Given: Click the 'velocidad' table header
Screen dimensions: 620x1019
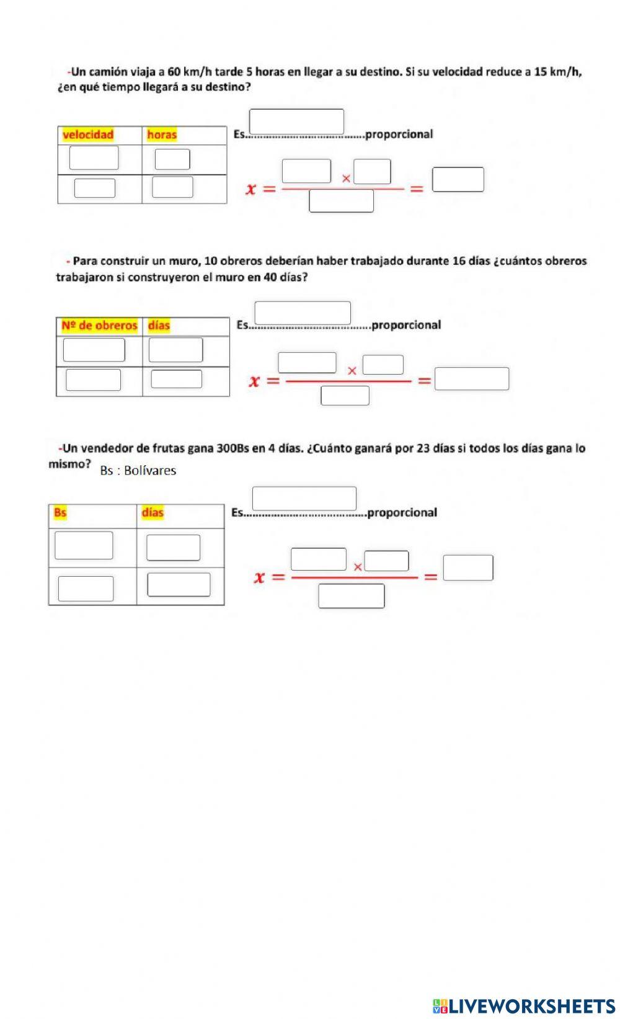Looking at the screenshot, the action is pyautogui.click(x=88, y=135).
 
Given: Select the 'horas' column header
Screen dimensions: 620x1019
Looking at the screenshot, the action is pyautogui.click(x=162, y=135).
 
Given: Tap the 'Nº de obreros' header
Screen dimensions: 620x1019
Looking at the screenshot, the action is pyautogui.click(x=99, y=325).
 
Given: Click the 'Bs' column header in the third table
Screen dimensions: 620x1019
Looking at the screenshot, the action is pyautogui.click(x=60, y=512).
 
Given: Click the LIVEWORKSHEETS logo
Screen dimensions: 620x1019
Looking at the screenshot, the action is pyautogui.click(x=524, y=1006).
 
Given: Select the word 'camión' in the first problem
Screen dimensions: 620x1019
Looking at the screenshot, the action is pyautogui.click(x=108, y=71).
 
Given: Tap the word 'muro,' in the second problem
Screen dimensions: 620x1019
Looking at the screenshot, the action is pyautogui.click(x=184, y=261).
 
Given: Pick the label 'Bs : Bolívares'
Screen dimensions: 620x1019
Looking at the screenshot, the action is pyautogui.click(x=138, y=471).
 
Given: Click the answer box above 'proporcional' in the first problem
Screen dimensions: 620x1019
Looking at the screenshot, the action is pyautogui.click(x=296, y=122).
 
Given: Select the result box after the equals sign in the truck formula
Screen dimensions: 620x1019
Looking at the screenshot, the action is pyautogui.click(x=458, y=180).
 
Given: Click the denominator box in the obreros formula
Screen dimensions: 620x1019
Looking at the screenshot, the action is pyautogui.click(x=345, y=396).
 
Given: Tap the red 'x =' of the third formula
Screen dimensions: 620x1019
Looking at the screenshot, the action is pyautogui.click(x=268, y=577).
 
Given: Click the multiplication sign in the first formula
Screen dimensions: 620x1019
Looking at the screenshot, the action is pyautogui.click(x=346, y=179).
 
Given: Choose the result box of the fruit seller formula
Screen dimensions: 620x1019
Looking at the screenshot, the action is pyautogui.click(x=468, y=568).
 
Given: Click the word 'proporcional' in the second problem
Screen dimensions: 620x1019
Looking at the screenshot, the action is pyautogui.click(x=405, y=325).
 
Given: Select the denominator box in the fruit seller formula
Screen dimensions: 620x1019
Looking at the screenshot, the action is pyautogui.click(x=351, y=596).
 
